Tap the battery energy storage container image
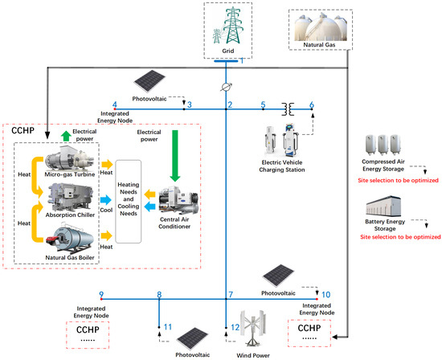[394, 207]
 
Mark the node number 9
[100, 295]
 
